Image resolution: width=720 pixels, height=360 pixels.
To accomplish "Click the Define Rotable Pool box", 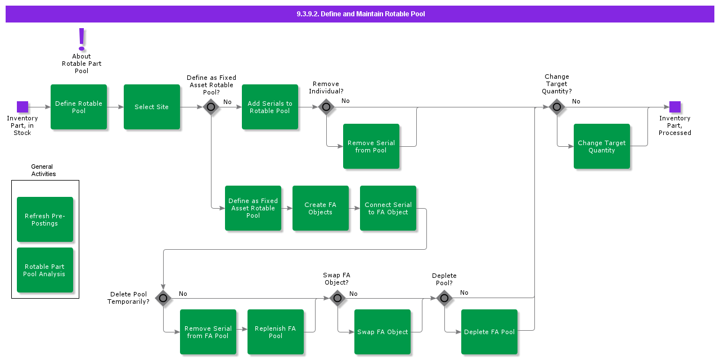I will (x=79, y=107).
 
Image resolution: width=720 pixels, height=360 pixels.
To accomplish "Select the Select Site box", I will (x=152, y=107).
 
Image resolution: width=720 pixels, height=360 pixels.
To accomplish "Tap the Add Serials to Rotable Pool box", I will (x=270, y=107).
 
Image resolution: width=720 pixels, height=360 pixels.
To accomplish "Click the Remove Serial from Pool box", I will (x=371, y=146).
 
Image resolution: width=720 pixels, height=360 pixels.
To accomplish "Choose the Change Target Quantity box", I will (x=602, y=146).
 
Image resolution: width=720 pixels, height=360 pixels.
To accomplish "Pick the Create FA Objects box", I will (x=321, y=208).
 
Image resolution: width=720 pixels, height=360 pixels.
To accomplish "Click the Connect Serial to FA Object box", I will (x=388, y=208).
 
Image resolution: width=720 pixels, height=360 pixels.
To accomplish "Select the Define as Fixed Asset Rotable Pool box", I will (x=253, y=208).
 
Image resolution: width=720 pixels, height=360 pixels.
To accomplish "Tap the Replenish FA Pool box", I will (x=276, y=332).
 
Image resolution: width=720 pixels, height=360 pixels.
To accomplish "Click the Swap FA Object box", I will (x=382, y=332).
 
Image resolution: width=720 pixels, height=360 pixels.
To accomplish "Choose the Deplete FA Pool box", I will (x=489, y=332).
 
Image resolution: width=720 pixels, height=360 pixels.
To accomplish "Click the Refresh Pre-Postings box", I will (x=45, y=219).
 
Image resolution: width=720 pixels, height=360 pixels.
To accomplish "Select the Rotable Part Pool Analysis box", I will (x=45, y=270).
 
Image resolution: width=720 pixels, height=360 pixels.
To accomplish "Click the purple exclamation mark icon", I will (x=82, y=39).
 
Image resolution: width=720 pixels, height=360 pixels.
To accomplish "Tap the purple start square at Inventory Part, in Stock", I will (x=22, y=107).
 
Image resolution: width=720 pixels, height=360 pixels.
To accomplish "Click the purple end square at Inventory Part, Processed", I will (x=675, y=107).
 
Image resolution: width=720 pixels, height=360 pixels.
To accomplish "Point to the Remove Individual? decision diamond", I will (x=326, y=107).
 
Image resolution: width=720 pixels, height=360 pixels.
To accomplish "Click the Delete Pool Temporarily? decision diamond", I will (x=163, y=298).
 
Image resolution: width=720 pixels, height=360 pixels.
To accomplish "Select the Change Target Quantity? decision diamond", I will (x=557, y=107).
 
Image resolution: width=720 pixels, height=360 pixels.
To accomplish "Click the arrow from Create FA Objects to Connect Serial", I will (x=354, y=208).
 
